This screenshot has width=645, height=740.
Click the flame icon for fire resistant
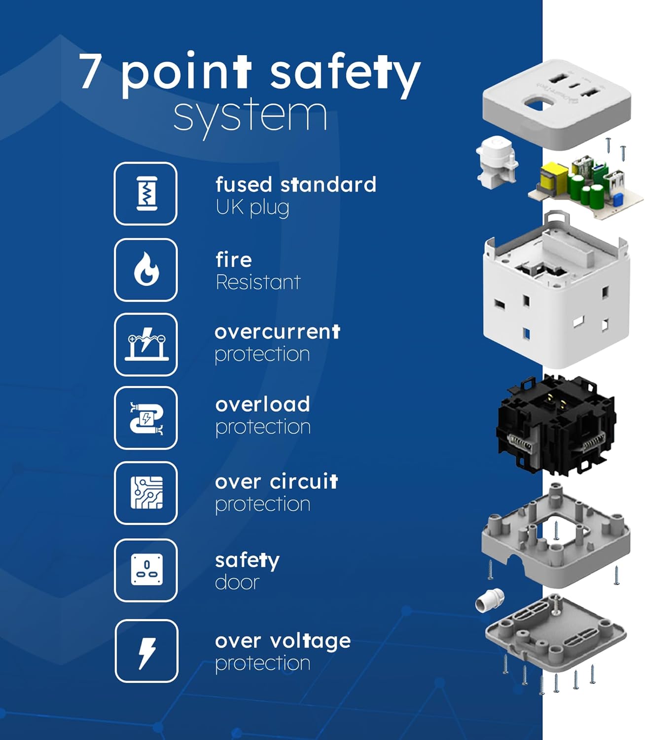point(146,269)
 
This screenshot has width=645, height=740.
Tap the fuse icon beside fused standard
point(146,193)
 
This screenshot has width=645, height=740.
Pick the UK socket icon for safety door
point(146,570)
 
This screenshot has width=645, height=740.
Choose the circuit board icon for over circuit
point(146,493)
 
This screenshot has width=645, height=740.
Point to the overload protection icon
point(146,418)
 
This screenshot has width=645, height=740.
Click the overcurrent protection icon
point(146,344)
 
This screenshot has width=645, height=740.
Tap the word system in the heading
point(250,117)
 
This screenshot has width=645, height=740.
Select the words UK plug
point(252,208)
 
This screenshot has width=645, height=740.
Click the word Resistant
point(258,282)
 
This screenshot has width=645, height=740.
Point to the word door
point(237,582)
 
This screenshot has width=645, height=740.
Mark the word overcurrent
point(277,332)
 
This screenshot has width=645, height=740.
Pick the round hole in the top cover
point(538,103)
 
